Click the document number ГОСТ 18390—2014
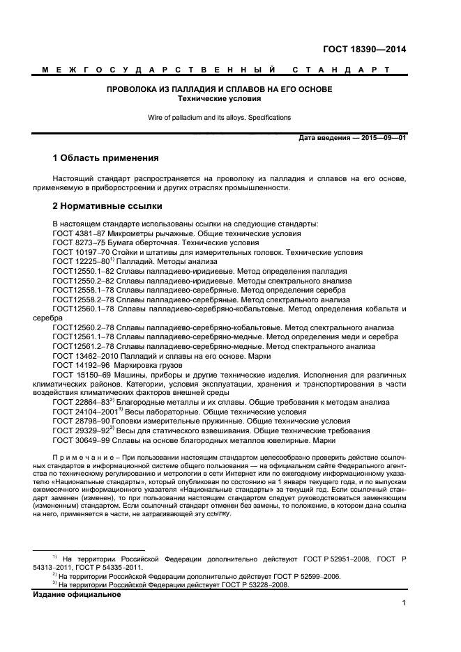point(364,49)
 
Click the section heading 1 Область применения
point(106,158)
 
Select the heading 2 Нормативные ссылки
point(107,206)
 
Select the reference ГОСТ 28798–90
point(79,421)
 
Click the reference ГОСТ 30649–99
point(79,440)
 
